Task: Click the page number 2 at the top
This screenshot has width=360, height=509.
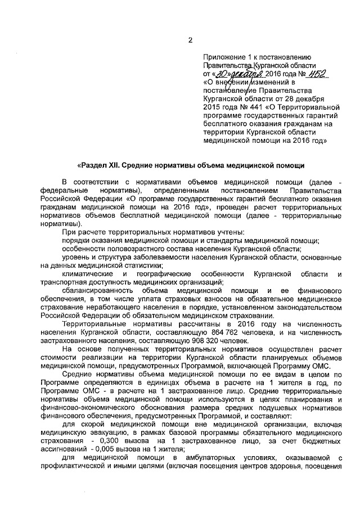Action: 190,40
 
